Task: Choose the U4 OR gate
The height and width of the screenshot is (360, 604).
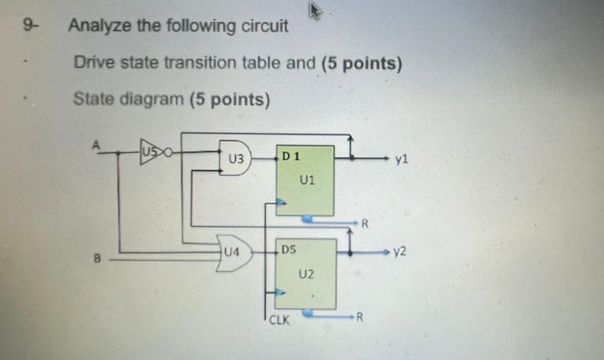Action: tap(234, 252)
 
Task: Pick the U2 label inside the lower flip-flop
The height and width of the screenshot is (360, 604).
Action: tap(307, 274)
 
